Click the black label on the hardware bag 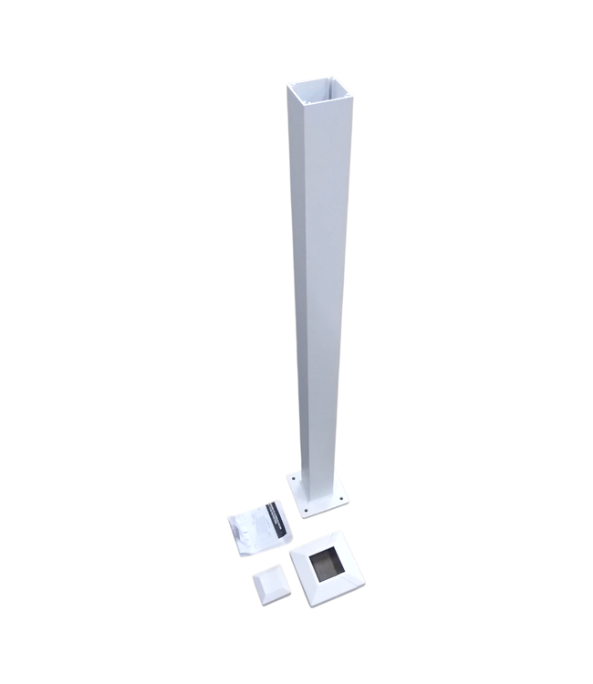click(x=274, y=516)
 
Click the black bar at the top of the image click(x=296, y=22)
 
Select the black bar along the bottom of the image click(x=296, y=661)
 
